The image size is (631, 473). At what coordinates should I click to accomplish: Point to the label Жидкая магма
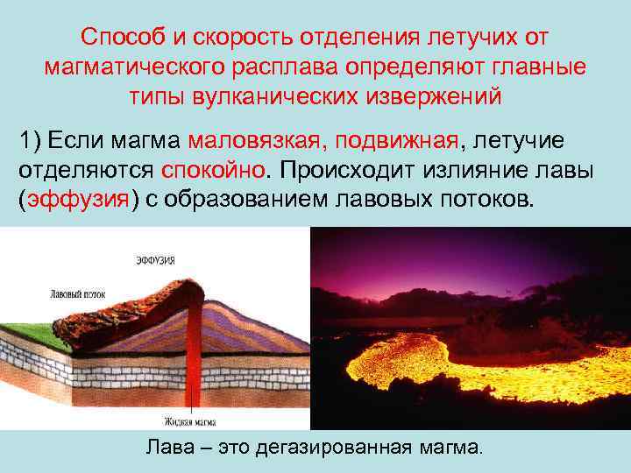click(x=195, y=421)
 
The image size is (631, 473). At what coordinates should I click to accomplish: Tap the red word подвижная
click(x=406, y=140)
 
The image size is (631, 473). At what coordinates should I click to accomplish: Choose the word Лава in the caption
click(x=167, y=448)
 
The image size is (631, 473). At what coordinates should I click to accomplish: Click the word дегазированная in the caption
click(x=334, y=448)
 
